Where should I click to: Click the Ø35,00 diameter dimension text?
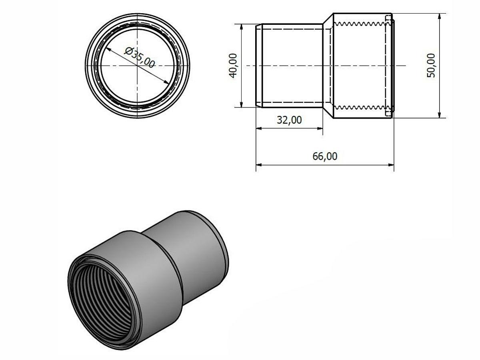140,57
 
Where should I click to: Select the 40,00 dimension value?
233,66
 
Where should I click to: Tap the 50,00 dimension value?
431,65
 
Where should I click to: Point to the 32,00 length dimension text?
289,120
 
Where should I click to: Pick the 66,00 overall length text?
325,156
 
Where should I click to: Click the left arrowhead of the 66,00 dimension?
259,165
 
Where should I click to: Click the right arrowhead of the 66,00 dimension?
391,165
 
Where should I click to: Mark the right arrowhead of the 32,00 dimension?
320,128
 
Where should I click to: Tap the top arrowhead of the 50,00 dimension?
440,16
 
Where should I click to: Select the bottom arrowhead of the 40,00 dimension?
241,104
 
